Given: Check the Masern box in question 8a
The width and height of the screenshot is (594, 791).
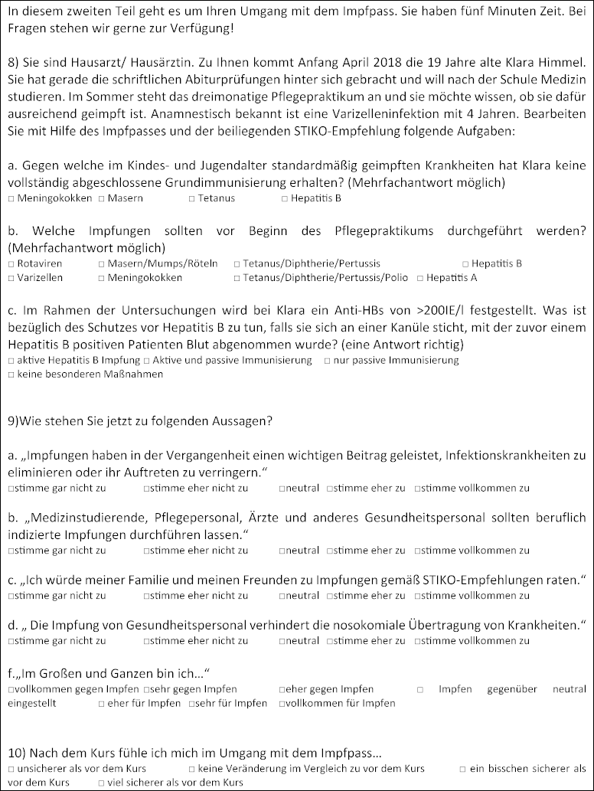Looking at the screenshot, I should (x=102, y=198).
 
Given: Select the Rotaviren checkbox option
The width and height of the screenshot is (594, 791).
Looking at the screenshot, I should (x=11, y=263).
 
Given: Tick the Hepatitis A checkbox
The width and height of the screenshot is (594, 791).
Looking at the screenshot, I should (x=419, y=277).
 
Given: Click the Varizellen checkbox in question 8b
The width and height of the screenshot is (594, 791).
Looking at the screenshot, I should (x=11, y=277).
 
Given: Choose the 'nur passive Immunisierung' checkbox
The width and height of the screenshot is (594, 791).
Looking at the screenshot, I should (x=328, y=360).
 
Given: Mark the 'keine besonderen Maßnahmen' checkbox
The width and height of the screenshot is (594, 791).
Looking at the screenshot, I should (x=11, y=374).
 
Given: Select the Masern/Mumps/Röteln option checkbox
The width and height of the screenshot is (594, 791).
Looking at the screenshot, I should (x=102, y=263).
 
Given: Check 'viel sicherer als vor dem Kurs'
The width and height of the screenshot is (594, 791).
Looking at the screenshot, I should (x=102, y=783).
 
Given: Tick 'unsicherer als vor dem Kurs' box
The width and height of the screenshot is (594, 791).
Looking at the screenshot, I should (x=11, y=768).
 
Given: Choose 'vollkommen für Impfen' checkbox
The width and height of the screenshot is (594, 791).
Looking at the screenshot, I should (x=282, y=703).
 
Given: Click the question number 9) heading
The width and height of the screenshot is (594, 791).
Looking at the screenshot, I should (x=14, y=420).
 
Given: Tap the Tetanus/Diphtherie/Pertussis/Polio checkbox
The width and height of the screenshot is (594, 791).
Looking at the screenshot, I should (x=237, y=277).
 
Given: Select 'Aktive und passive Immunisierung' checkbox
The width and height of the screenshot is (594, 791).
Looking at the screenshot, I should (x=146, y=360).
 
